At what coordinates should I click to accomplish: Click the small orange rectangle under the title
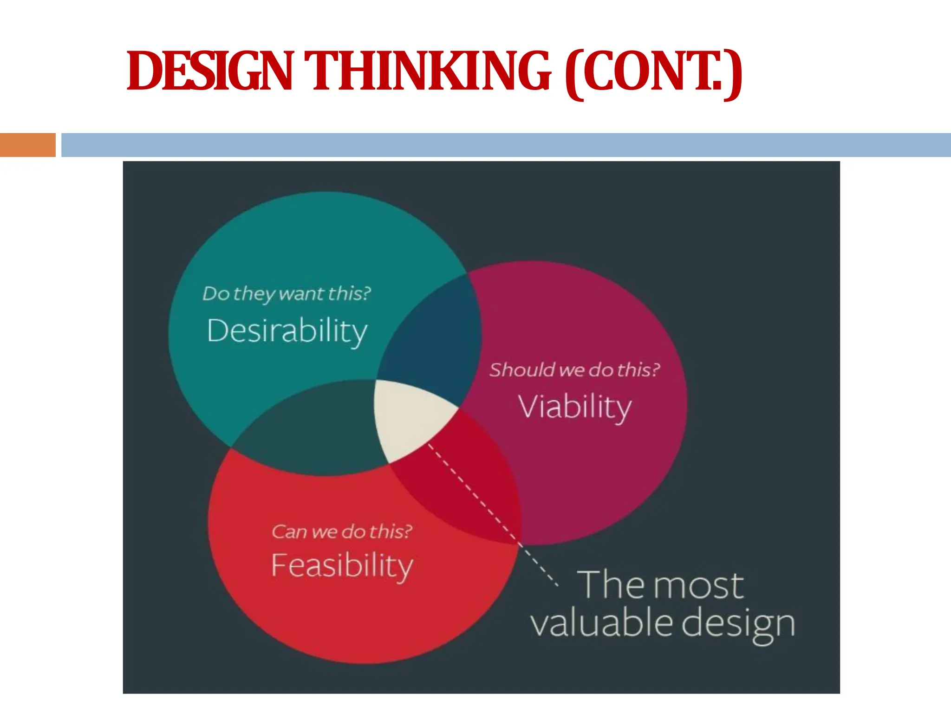[x=27, y=145]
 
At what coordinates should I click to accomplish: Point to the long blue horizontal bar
[x=506, y=145]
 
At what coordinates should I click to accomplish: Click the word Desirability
[x=287, y=331]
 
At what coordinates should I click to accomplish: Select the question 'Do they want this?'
[x=287, y=294]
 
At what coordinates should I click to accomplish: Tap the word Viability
[x=575, y=407]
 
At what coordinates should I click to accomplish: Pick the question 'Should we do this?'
[x=574, y=370]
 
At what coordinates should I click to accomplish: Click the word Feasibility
[x=342, y=565]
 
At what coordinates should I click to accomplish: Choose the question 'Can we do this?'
[x=342, y=532]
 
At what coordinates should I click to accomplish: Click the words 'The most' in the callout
[x=660, y=585]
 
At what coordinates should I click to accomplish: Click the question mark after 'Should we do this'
[x=655, y=369]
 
